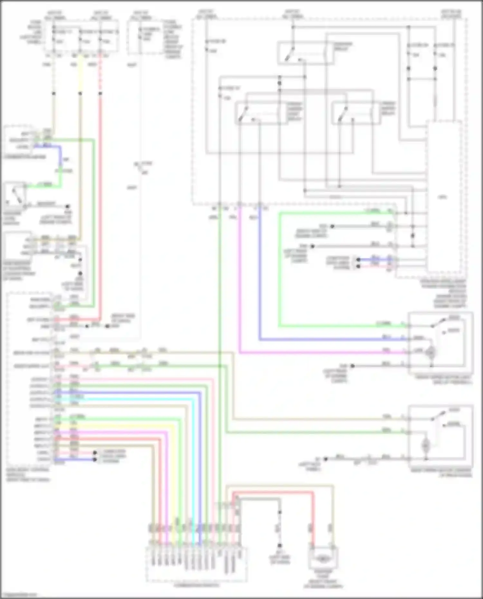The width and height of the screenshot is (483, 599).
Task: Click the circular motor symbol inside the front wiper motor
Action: (430, 352)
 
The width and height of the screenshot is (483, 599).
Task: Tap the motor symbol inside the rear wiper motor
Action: (426, 445)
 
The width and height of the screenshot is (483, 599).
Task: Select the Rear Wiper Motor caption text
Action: (441, 473)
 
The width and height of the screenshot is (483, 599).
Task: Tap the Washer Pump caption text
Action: (323, 579)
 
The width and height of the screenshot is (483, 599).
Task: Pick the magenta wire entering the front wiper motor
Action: (322, 352)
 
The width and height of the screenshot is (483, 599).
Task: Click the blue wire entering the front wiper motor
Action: (322, 339)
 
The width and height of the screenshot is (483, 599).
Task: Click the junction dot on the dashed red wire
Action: (100, 94)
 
